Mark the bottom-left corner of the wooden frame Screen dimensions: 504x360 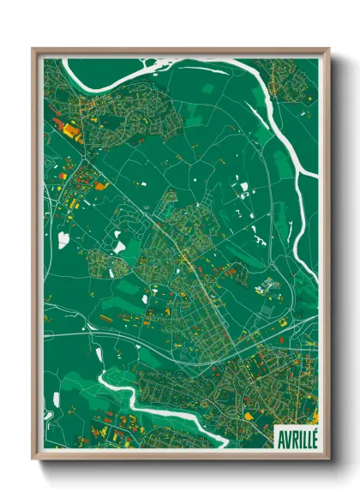(33, 459)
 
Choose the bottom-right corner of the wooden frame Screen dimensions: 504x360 (328, 459)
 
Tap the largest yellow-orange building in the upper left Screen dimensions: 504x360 (67, 129)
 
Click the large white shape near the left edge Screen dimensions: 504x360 (63, 241)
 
